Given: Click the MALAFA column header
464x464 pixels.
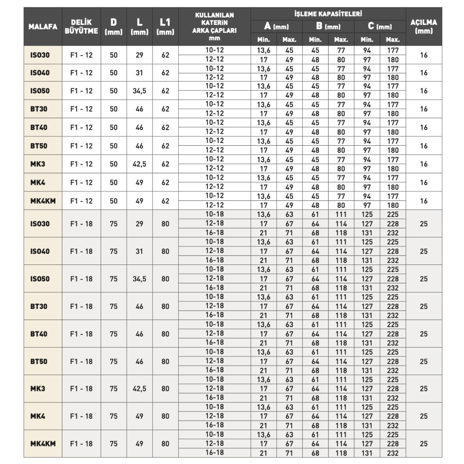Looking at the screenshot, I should coord(43,27).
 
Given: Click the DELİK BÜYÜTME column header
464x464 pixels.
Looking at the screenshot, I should coord(81,27).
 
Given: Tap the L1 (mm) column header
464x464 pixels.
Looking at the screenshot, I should coord(165,27).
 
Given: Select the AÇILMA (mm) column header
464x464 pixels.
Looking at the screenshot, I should coord(423,27).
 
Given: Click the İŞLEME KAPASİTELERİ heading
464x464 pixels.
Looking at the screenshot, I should coord(328,14).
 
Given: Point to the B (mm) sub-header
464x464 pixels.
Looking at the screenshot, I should coord(328,26).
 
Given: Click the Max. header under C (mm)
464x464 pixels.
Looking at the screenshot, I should coord(393,40).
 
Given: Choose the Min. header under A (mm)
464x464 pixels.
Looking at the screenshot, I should coord(264,40).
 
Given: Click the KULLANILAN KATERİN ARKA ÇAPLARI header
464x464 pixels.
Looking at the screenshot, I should coord(214,27).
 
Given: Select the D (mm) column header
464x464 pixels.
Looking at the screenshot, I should coord(114,27).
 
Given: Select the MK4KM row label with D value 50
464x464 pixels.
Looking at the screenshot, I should coord(43,201).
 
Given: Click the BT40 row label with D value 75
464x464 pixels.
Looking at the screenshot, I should coord(39,334).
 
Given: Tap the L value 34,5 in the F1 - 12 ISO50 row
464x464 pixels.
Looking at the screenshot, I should coord(139,91).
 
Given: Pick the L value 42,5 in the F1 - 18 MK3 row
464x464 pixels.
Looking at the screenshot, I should coord(139,389).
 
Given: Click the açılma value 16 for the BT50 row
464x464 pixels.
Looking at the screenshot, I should coord(423,146).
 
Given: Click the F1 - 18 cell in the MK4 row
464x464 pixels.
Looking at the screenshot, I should coord(81,416).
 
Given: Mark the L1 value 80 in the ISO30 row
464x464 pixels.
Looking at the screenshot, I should coord(165,224).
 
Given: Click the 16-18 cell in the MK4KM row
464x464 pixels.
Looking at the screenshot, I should coord(214,453).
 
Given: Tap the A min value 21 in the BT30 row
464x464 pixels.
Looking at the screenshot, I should coord(264,316).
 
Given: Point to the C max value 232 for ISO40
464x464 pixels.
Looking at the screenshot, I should coord(393,260).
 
